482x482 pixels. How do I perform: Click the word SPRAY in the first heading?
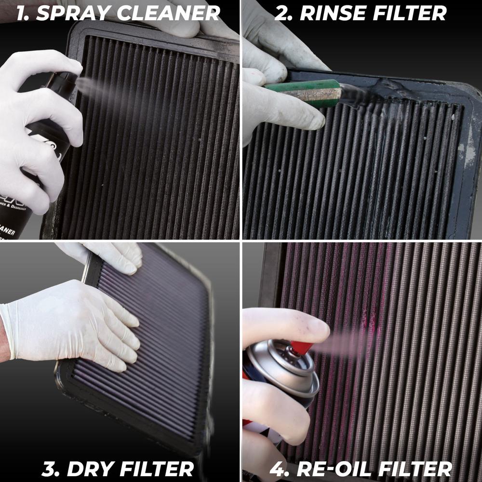[x=73, y=13]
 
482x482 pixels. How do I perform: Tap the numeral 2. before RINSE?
[x=284, y=13]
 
